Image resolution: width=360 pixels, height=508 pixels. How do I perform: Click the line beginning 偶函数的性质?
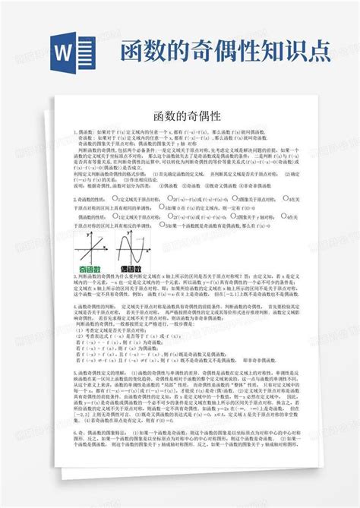[99, 216]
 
